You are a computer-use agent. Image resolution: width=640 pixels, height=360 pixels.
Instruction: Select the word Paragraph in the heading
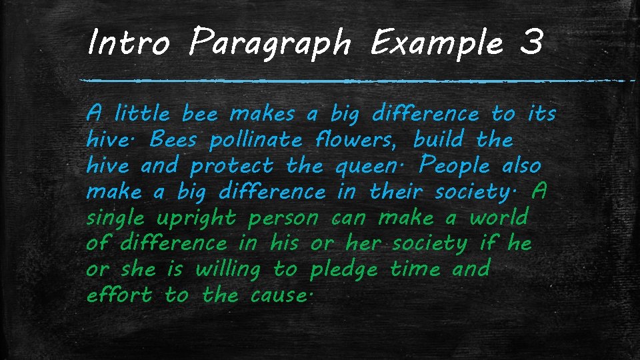[269, 45]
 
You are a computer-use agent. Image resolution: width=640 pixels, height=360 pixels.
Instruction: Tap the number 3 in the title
[531, 45]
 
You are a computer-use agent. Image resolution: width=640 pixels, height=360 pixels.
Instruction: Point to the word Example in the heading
[437, 45]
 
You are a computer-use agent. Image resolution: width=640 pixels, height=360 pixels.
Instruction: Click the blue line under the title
[353, 81]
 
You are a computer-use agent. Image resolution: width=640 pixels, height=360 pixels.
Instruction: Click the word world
[499, 218]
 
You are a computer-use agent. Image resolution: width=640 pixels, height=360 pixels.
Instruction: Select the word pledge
[344, 271]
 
